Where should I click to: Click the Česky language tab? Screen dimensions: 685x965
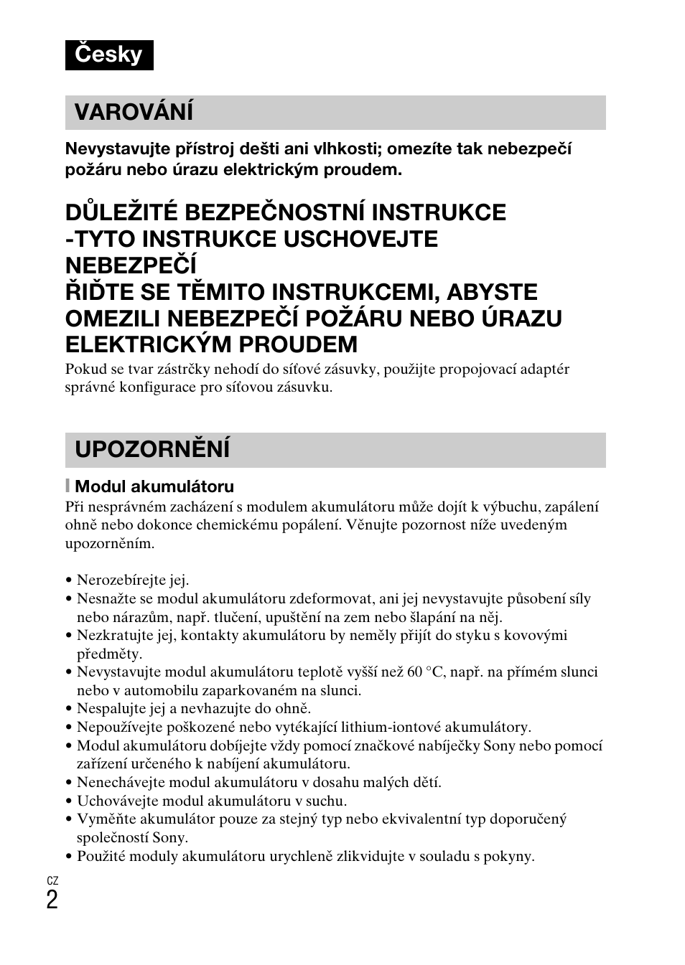[109, 55]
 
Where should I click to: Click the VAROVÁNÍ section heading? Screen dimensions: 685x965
[134, 112]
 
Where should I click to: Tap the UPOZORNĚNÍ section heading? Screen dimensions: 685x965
[152, 449]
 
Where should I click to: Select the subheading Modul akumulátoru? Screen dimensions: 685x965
[154, 486]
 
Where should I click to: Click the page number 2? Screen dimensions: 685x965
[52, 899]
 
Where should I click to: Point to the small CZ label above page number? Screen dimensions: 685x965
[52, 880]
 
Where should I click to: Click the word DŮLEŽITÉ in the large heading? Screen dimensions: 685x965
[121, 212]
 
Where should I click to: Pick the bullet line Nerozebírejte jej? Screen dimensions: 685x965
[133, 580]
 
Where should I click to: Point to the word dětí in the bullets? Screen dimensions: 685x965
[427, 782]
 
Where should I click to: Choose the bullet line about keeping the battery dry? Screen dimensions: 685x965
[211, 801]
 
